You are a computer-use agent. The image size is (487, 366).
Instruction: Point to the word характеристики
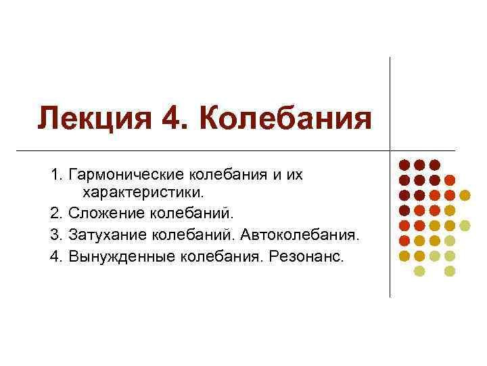142,195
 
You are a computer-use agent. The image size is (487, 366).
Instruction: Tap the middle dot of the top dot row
419,165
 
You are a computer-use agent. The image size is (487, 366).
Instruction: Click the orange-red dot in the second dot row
450,180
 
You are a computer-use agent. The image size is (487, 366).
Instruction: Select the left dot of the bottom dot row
419,271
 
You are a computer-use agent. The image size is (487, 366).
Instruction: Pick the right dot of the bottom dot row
450,271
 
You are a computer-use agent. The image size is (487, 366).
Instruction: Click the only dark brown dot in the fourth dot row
404,210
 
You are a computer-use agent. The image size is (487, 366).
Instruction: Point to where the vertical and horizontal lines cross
390,149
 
